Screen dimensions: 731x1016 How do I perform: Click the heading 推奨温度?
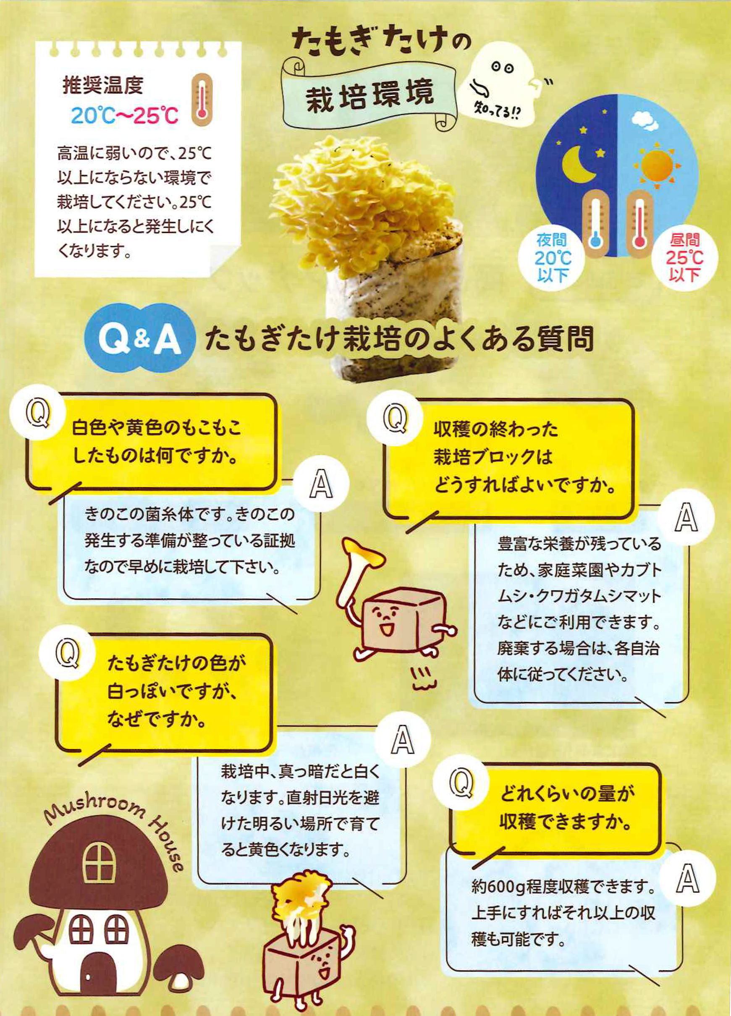pyautogui.click(x=102, y=85)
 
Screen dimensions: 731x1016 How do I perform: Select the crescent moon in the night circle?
pyautogui.click(x=579, y=165)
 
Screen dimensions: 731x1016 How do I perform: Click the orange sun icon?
pyautogui.click(x=657, y=165)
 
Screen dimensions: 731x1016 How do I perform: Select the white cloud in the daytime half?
pyautogui.click(x=643, y=120)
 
